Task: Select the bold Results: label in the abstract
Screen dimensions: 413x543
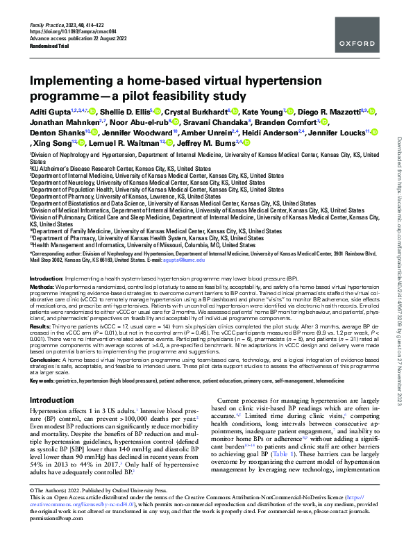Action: tap(41, 325)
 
